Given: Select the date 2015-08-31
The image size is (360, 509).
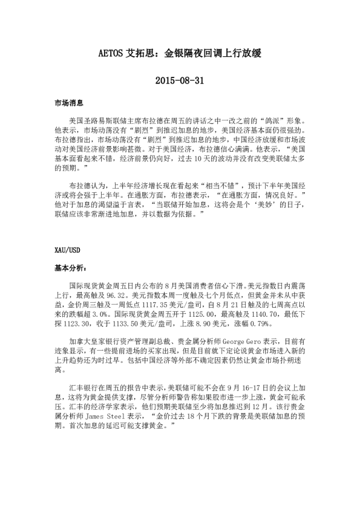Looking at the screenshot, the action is [x=180, y=80].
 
